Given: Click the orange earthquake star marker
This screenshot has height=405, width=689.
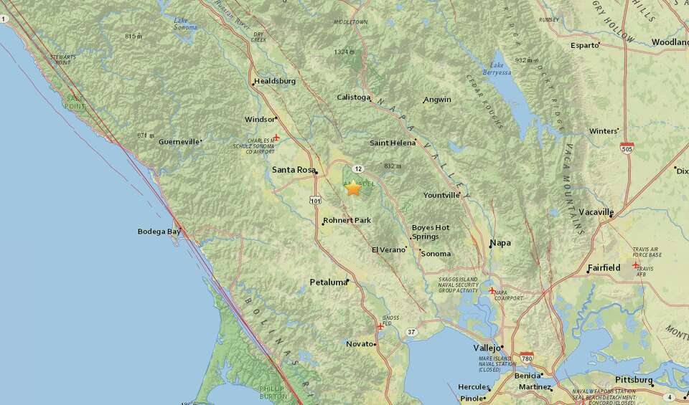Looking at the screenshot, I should pyautogui.click(x=353, y=188).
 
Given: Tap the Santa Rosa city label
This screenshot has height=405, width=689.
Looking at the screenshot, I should pyautogui.click(x=294, y=170).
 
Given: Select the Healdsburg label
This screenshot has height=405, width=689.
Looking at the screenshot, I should pyautogui.click(x=275, y=82).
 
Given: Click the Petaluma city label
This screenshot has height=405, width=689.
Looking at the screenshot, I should pyautogui.click(x=328, y=282).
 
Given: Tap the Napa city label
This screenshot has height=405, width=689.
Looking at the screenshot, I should pyautogui.click(x=500, y=243).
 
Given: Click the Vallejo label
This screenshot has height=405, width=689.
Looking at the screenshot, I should pyautogui.click(x=486, y=348).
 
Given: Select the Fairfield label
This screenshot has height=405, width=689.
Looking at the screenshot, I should pyautogui.click(x=604, y=268).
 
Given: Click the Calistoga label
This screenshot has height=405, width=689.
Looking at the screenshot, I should pyautogui.click(x=354, y=97).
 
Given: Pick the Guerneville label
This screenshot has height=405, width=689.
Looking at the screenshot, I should pyautogui.click(x=179, y=142).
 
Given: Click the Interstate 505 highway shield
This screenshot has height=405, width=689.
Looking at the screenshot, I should pyautogui.click(x=627, y=147).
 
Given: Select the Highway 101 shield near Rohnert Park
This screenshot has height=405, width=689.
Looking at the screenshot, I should pyautogui.click(x=316, y=201).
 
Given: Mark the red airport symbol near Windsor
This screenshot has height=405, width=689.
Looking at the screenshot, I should pyautogui.click(x=276, y=137).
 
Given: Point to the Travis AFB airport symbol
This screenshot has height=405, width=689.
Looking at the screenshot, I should pyautogui.click(x=635, y=266).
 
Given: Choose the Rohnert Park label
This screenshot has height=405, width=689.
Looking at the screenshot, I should pyautogui.click(x=347, y=220).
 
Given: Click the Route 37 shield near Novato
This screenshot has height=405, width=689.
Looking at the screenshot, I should pyautogui.click(x=411, y=332).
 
